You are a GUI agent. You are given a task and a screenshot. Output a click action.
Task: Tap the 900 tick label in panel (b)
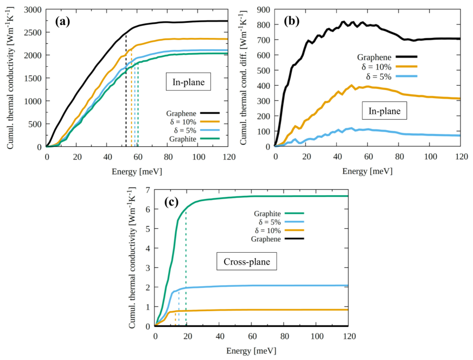point(264,10)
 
